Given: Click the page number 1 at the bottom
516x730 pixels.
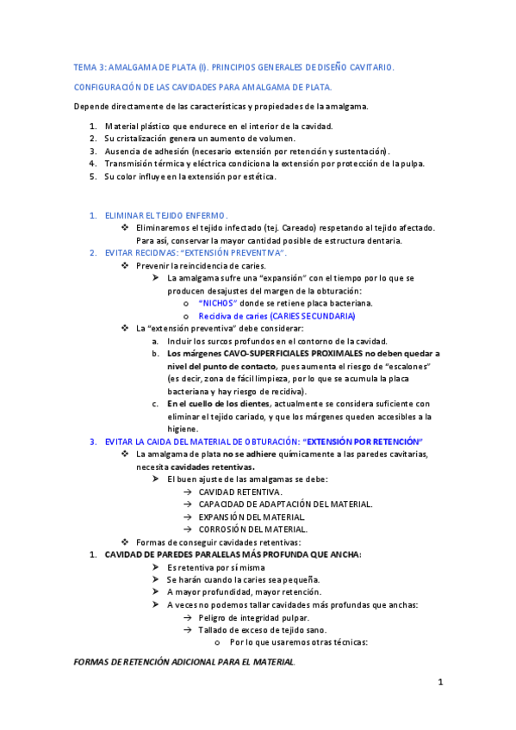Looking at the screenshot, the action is click(439, 684).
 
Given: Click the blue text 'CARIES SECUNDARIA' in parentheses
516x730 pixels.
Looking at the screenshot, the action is click(302, 316).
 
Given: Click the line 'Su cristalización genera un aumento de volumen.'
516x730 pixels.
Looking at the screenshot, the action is click(199, 139).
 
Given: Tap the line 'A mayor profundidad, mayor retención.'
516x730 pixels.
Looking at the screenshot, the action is click(244, 592).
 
